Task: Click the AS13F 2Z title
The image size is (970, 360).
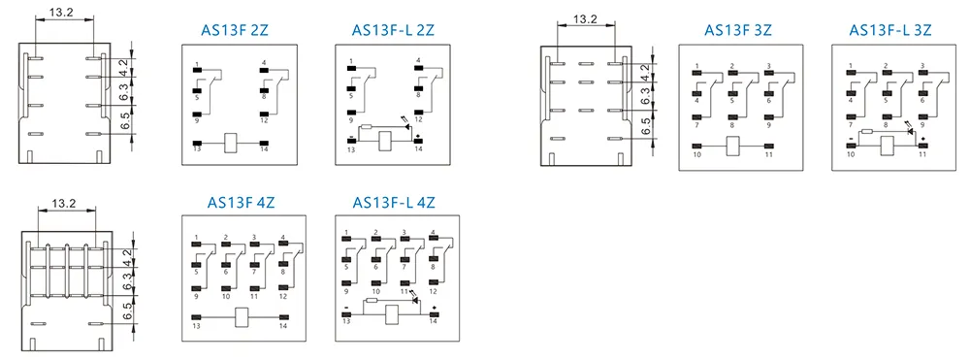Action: [235, 30]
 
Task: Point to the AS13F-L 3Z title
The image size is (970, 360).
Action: [890, 30]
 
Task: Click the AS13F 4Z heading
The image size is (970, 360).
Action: [241, 202]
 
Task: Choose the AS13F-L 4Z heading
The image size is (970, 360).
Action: [394, 202]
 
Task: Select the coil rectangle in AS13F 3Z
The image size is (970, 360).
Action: [733, 146]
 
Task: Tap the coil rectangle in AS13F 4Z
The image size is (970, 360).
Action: [241, 317]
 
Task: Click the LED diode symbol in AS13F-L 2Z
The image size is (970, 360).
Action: [406, 127]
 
